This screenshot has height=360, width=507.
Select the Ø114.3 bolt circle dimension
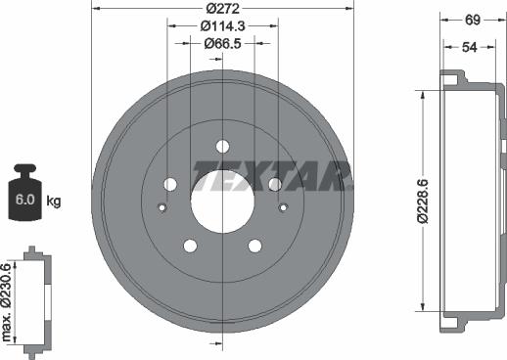point(222,26)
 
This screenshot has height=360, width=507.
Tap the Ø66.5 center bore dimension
point(222,43)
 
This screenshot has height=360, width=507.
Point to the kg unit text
point(54,202)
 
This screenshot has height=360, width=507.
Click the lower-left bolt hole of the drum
point(191,246)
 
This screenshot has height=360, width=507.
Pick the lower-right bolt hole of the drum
point(254,246)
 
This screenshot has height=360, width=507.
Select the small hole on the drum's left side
point(161,206)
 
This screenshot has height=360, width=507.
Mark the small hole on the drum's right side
point(283,206)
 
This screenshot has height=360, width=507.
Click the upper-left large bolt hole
point(170,184)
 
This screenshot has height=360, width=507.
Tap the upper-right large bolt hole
point(275,184)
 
